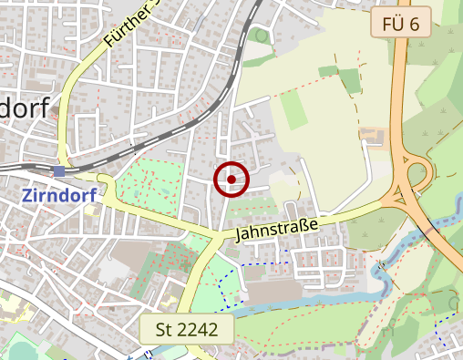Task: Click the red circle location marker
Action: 231,180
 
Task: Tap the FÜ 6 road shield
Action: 401,24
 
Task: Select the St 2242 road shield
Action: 186,329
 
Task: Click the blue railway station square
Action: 59,170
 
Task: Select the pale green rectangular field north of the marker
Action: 293,110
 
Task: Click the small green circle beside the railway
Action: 262,36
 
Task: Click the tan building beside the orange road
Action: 373,137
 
